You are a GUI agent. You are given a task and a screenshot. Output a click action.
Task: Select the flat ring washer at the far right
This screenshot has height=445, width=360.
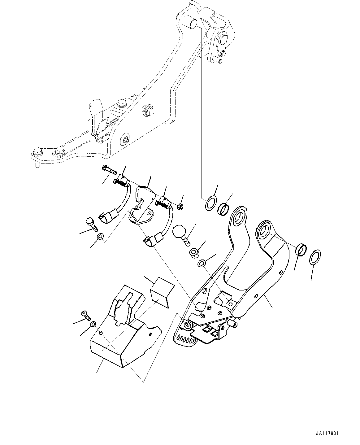tap(315, 257)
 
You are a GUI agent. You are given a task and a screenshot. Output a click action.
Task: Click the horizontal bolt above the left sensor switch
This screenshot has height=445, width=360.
tap(108, 169)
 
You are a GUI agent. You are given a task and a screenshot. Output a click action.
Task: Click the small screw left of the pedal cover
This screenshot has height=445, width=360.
tap(86, 316)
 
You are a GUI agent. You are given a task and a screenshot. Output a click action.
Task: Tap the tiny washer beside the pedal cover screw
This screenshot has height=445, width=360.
tap(93, 324)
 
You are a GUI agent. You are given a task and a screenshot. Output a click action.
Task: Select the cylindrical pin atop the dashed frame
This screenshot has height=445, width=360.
tap(191, 23)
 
